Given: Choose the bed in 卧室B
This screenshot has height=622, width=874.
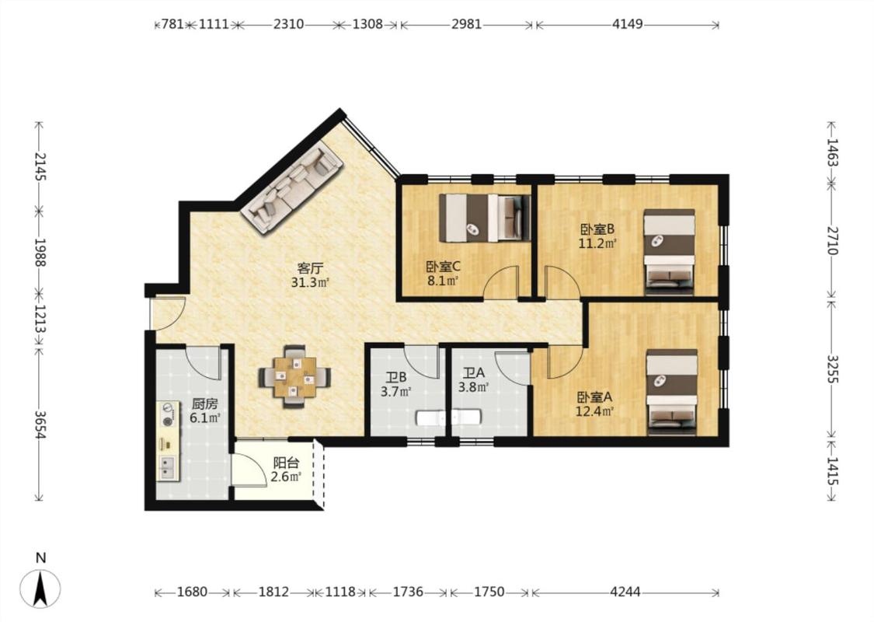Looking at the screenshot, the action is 669,252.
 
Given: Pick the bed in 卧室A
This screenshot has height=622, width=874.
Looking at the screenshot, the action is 672,392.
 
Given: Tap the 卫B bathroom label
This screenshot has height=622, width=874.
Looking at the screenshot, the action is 395,377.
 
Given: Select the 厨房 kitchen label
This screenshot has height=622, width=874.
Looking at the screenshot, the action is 204,404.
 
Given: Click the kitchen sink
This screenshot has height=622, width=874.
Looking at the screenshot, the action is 167,467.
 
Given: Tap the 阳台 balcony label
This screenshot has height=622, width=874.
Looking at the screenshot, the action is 286,463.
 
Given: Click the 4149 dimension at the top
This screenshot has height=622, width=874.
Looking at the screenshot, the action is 628,24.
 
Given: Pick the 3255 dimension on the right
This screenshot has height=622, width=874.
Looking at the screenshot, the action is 832,369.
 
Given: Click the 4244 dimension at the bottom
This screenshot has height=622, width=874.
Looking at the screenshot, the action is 625,592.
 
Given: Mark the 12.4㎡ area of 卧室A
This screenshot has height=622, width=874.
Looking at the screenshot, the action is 595,412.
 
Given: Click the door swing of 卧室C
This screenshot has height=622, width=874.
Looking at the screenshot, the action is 500,283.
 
